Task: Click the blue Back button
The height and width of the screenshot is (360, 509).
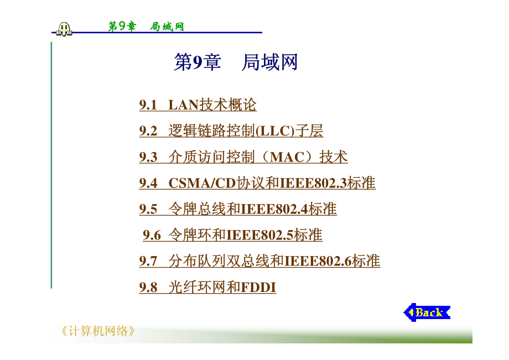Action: [x=427, y=312]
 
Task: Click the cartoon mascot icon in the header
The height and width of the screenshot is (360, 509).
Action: [x=64, y=29]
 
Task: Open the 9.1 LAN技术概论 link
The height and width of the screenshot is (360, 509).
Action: [x=198, y=105]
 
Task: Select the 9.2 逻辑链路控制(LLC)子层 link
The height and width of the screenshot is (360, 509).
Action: [x=231, y=131]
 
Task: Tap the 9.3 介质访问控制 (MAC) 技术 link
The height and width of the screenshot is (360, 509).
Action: [x=243, y=157]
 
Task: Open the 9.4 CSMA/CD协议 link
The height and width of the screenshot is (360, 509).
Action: [x=257, y=183]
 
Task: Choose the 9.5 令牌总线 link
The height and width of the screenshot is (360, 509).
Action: [x=238, y=209]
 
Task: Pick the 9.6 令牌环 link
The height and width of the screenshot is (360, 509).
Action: [x=232, y=235]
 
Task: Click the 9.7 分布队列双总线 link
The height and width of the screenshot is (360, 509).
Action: [x=259, y=261]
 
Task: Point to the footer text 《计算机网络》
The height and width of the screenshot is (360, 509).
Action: [x=98, y=331]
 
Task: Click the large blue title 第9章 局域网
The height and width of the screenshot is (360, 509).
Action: [x=236, y=62]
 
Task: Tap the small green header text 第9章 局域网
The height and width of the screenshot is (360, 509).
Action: [x=146, y=27]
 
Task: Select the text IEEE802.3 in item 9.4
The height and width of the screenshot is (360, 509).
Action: [x=314, y=183]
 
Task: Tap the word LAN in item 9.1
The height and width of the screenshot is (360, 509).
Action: [x=184, y=105]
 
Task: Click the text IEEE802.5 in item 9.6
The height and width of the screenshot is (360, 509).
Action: [x=260, y=235]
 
